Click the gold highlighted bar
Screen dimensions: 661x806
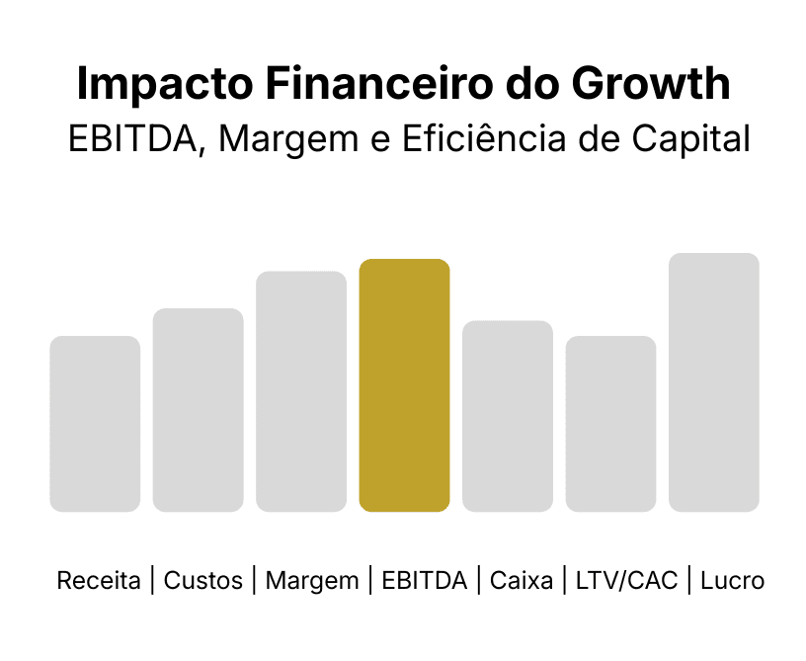click(404, 385)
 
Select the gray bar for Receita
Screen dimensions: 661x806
click(95, 424)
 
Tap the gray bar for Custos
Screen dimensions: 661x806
click(198, 410)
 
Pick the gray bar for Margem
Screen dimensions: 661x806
click(301, 391)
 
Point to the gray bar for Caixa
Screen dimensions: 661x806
click(508, 416)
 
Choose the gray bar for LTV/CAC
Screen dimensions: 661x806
click(610, 424)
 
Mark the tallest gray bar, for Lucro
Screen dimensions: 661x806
click(714, 382)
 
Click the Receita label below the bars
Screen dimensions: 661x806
click(99, 581)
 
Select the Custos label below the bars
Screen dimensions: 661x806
click(203, 581)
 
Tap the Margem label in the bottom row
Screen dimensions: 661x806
click(312, 581)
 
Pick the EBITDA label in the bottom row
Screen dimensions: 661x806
click(424, 581)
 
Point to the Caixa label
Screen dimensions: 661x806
click(521, 581)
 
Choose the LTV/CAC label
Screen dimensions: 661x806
click(626, 581)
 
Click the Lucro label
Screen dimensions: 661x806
click(732, 581)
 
